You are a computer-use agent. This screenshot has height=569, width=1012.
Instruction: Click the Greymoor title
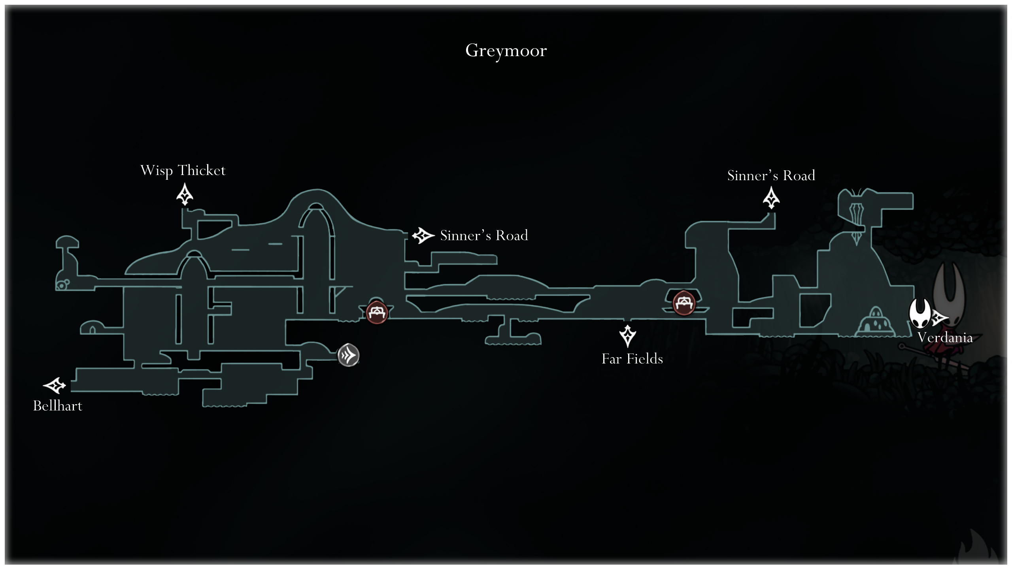tap(506, 51)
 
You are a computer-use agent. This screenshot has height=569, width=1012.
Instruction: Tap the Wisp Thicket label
tap(183, 170)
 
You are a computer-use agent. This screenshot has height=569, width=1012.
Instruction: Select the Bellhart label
tap(58, 406)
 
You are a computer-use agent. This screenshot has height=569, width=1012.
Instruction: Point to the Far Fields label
tap(632, 359)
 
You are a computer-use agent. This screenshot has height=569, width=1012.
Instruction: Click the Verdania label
tap(945, 337)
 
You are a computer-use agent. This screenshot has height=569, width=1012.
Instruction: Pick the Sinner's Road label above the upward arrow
tap(771, 175)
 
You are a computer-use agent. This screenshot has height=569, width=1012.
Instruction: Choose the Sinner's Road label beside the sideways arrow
tap(484, 236)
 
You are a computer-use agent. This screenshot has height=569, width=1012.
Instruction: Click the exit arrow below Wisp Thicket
tap(184, 195)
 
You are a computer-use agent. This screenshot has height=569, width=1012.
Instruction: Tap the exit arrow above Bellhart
tap(55, 385)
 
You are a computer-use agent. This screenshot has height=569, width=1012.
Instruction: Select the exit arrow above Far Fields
tap(627, 336)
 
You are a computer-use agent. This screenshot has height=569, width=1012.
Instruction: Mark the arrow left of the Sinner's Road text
tap(423, 236)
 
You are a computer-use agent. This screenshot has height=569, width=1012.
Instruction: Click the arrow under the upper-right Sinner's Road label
tap(771, 198)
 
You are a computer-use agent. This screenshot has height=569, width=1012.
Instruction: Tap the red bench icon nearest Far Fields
tap(683, 303)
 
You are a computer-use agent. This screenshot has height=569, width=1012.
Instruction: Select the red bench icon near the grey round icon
tap(376, 313)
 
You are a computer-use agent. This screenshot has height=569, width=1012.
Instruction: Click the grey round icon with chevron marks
tap(348, 355)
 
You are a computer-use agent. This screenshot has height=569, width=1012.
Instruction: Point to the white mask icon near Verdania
tap(919, 313)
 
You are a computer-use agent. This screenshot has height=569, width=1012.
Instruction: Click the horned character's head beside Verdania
tap(949, 288)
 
